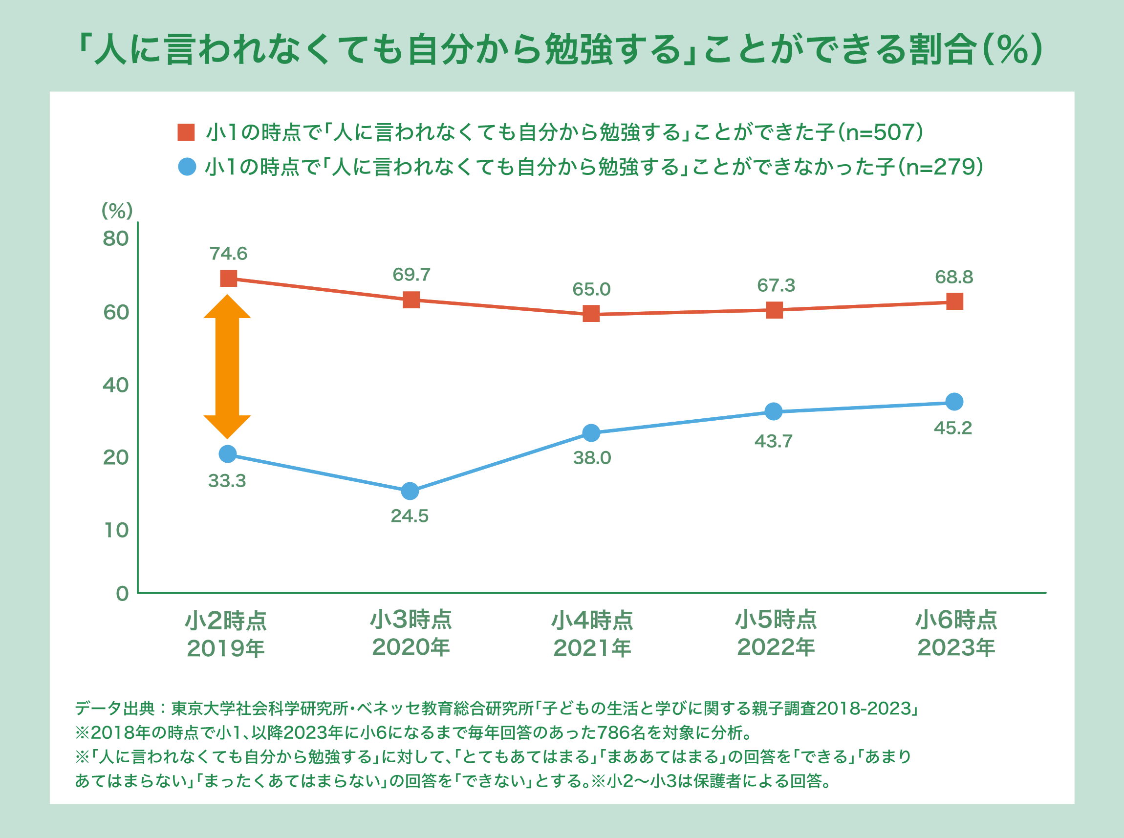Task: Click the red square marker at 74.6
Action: tap(228, 278)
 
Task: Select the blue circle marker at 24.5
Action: tap(410, 491)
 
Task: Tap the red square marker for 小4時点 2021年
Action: tap(591, 314)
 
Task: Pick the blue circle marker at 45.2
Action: tap(954, 401)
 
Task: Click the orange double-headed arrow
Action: tap(227, 366)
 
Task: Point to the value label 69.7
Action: tap(411, 275)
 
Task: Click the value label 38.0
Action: tap(592, 458)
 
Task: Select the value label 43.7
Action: tap(774, 441)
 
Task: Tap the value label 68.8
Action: tap(954, 277)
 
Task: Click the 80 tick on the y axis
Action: tap(116, 238)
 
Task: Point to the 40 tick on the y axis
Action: tap(116, 385)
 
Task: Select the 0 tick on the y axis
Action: tap(122, 594)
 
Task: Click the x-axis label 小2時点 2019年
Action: tap(226, 635)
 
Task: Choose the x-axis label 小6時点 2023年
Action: tap(956, 634)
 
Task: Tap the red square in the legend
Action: tap(186, 132)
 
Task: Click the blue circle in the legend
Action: tap(187, 167)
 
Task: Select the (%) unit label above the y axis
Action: tap(117, 211)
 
